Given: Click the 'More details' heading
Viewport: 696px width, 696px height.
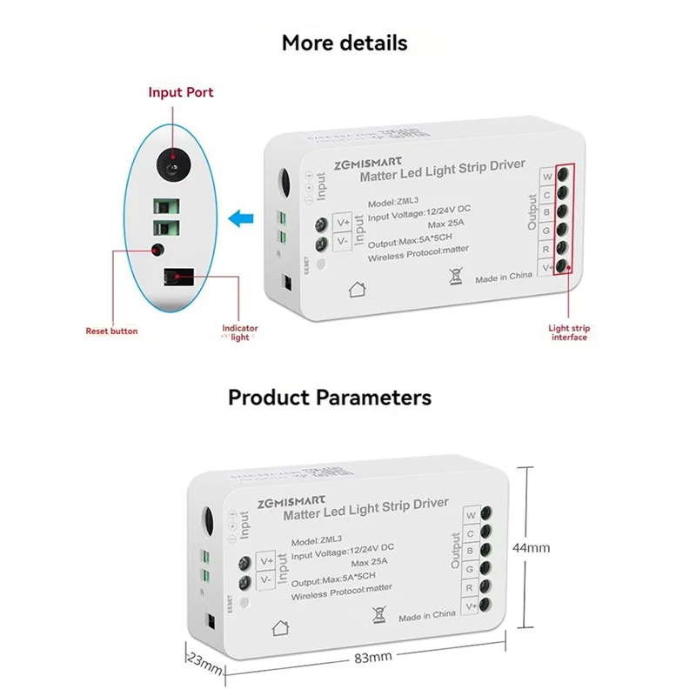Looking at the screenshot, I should pos(344,43).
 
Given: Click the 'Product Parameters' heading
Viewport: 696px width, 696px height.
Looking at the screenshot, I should pos(329,398).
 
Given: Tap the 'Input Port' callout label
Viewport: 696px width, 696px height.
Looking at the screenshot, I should pos(180,92).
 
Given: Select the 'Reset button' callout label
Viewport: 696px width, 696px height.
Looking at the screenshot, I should pos(111,331).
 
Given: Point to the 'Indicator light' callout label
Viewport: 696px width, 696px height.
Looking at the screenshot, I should pos(240,332).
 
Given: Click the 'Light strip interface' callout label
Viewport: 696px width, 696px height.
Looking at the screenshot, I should pos(569,332).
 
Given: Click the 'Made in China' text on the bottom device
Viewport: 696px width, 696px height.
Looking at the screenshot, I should pos(427,616).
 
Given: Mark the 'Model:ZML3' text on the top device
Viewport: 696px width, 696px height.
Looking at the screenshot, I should pos(394,200).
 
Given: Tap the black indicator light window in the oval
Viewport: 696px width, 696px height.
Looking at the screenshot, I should pos(177,278).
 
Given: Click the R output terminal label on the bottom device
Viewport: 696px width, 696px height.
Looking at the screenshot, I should pos(470,587).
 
